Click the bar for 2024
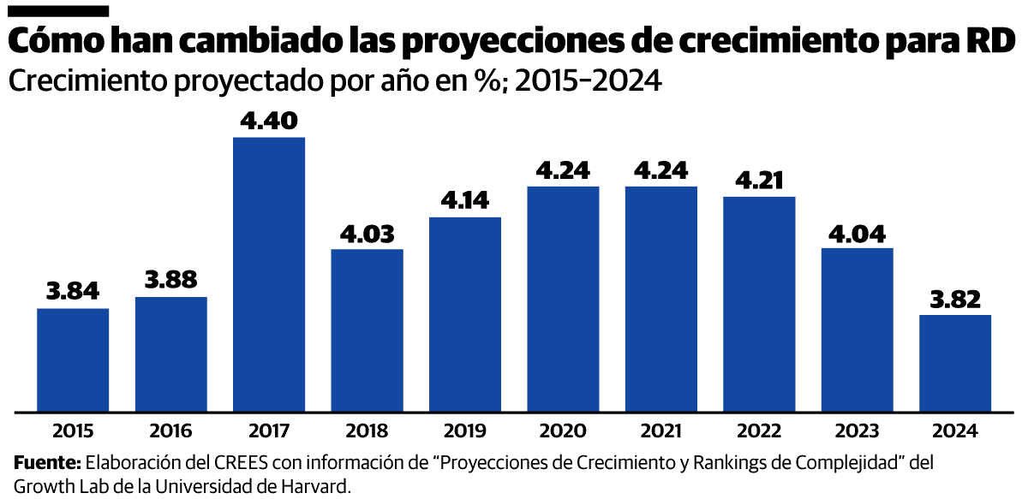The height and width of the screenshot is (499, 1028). pyautogui.click(x=955, y=363)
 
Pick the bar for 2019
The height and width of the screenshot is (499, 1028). pyautogui.click(x=465, y=314)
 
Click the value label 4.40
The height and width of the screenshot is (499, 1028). pyautogui.click(x=269, y=122)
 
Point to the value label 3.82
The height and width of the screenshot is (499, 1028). pyautogui.click(x=955, y=300)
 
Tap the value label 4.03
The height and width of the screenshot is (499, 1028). pyautogui.click(x=367, y=234)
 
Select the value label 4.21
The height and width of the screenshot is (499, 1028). pyautogui.click(x=759, y=181)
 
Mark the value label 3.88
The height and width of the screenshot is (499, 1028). pyautogui.click(x=171, y=281)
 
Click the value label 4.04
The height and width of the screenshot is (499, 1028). pyautogui.click(x=858, y=233)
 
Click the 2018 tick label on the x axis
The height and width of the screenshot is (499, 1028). pyautogui.click(x=367, y=431)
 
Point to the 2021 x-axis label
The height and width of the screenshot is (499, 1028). pyautogui.click(x=661, y=431)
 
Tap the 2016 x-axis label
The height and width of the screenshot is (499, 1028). pyautogui.click(x=171, y=431)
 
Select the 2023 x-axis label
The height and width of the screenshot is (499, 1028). pyautogui.click(x=858, y=431)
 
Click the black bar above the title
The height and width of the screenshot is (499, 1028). pyautogui.click(x=57, y=11)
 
